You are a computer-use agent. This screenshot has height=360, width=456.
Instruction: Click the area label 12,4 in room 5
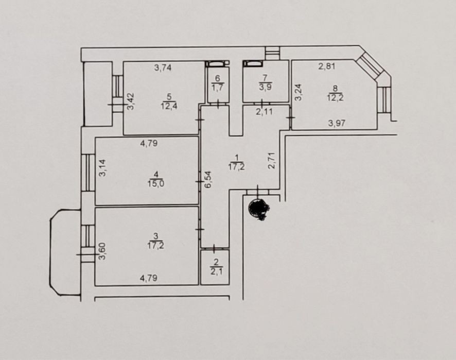pyautogui.click(x=169, y=106)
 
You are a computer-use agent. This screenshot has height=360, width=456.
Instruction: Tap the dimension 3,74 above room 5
pyautogui.click(x=163, y=68)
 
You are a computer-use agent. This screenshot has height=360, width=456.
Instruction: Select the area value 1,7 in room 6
pyautogui.click(x=218, y=88)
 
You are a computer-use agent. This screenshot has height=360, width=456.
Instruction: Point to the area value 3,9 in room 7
pyautogui.click(x=265, y=87)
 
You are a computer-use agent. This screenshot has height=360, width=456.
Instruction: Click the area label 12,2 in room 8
pyautogui.click(x=335, y=97)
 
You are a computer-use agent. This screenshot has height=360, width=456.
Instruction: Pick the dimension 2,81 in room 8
pyautogui.click(x=327, y=66)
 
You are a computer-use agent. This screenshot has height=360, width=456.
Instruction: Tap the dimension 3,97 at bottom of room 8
pyautogui.click(x=337, y=123)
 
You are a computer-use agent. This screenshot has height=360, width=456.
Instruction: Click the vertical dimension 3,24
pyautogui.click(x=299, y=92)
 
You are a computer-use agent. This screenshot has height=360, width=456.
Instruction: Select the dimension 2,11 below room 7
pyautogui.click(x=264, y=111)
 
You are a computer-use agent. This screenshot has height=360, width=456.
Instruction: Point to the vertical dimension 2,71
pyautogui.click(x=272, y=160)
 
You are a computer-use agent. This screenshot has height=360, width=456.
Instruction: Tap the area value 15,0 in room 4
pyautogui.click(x=156, y=184)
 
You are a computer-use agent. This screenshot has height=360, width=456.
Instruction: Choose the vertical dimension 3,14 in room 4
pyautogui.click(x=103, y=168)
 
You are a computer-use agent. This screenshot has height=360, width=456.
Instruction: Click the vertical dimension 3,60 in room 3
pyautogui.click(x=102, y=251)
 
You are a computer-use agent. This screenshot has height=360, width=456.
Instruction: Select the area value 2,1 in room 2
pyautogui.click(x=216, y=271)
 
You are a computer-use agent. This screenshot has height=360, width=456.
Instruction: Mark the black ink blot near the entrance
pyautogui.click(x=259, y=209)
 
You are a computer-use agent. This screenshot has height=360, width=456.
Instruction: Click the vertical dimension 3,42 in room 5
pyautogui.click(x=131, y=101)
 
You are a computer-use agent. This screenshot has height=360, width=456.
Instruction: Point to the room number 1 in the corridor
pyautogui.click(x=236, y=158)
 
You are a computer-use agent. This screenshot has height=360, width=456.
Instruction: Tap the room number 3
pyautogui.click(x=156, y=236)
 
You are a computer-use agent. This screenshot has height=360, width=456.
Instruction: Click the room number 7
pyautogui.click(x=265, y=78)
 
